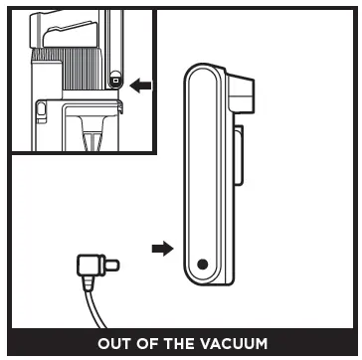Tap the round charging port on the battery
pos(202,265)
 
